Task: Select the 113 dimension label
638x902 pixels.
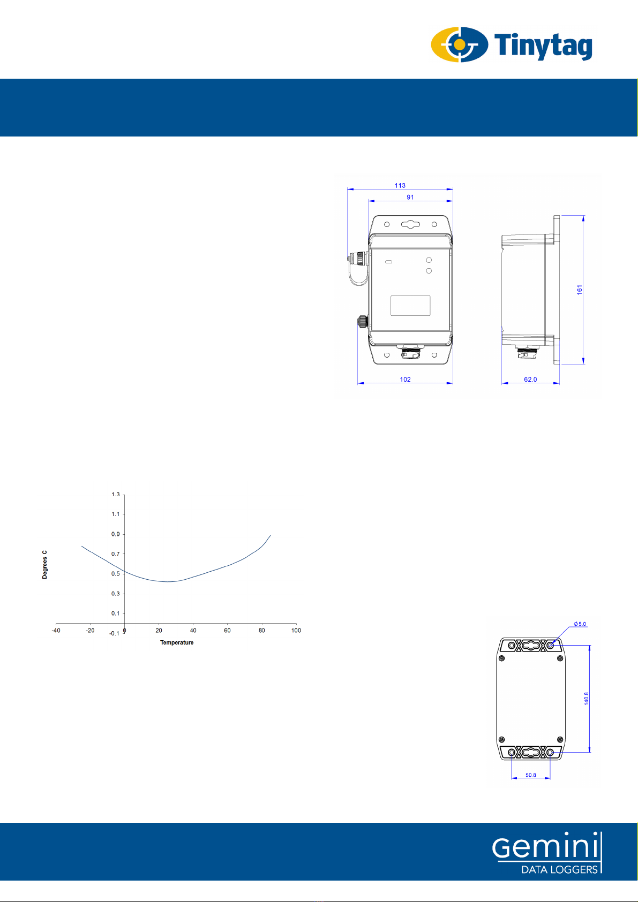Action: click(x=400, y=185)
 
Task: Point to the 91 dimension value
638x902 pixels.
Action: click(x=410, y=197)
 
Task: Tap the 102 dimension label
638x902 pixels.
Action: click(x=405, y=380)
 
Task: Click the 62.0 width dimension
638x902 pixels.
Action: click(x=530, y=380)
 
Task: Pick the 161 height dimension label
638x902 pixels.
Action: click(x=580, y=290)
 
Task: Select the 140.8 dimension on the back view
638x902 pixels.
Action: click(x=587, y=698)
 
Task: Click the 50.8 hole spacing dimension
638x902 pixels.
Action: click(x=531, y=775)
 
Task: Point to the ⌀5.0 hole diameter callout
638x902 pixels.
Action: click(x=580, y=624)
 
